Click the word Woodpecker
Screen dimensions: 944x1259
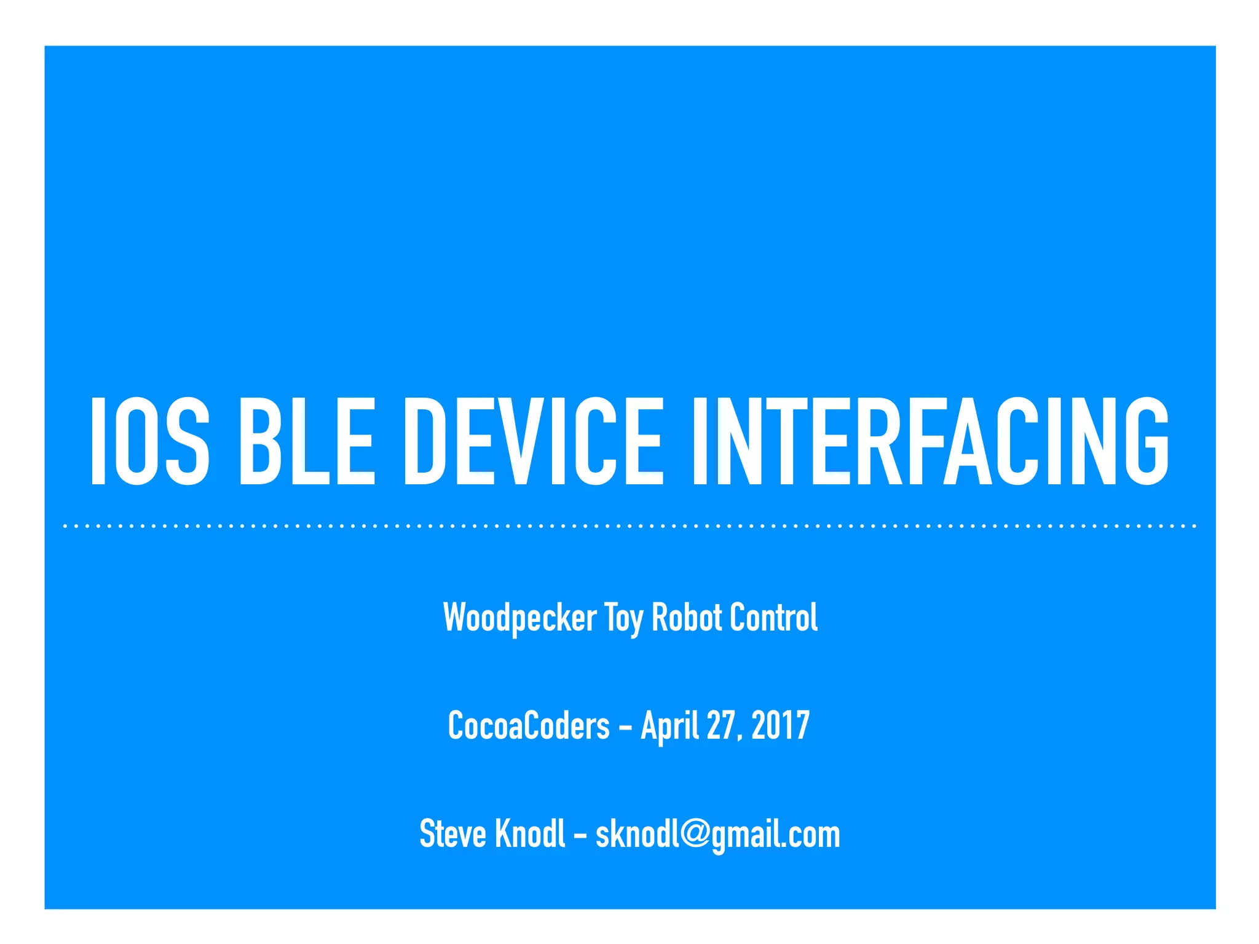click(519, 618)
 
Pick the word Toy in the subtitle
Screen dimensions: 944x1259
click(623, 618)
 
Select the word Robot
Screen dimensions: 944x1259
click(687, 617)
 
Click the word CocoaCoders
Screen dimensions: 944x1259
click(529, 725)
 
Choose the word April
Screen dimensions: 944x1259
click(669, 726)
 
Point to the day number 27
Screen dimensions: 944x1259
click(720, 725)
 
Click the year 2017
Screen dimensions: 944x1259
click(780, 725)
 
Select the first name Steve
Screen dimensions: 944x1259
click(452, 834)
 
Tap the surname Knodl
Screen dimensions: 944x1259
click(530, 833)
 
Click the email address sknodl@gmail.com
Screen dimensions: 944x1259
click(717, 835)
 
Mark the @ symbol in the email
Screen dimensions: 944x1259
click(696, 835)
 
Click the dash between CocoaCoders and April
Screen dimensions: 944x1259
click(625, 728)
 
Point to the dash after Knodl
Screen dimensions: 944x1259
click(580, 836)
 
